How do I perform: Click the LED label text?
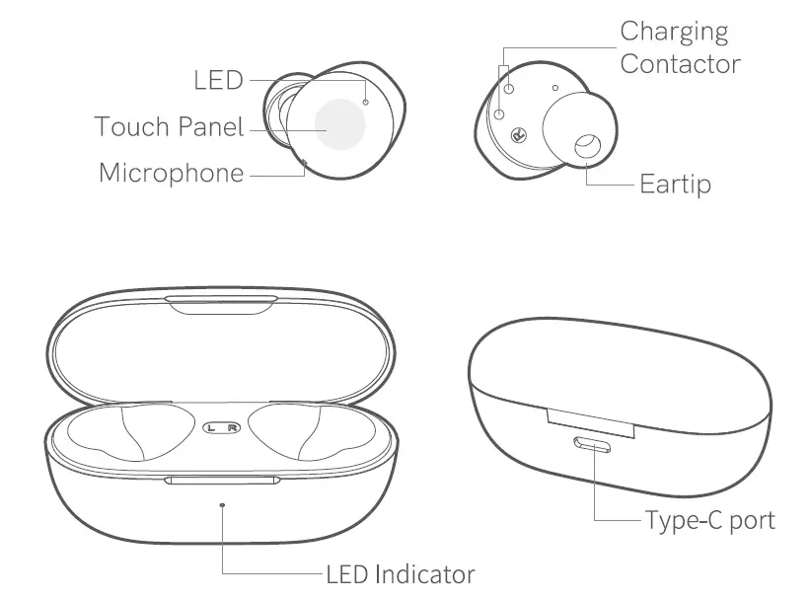pos(218,80)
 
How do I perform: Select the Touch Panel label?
pos(169,127)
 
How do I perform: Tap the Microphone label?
pos(171,174)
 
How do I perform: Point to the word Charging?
pos(674,32)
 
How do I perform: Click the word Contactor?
pos(680,65)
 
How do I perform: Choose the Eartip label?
pos(675,185)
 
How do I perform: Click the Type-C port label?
pos(709,519)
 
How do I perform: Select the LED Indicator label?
pos(401,573)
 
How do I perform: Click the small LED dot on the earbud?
pos(366,101)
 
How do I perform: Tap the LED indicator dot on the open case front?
pos(222,504)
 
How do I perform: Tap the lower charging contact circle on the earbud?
pos(499,114)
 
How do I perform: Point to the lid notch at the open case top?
pos(220,303)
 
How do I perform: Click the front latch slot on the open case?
pos(221,481)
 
